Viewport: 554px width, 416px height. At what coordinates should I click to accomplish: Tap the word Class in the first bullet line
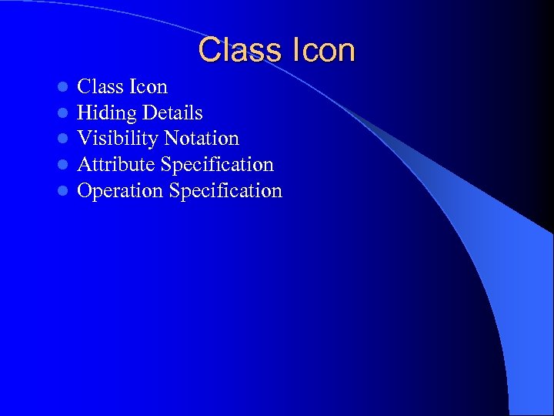pyautogui.click(x=100, y=87)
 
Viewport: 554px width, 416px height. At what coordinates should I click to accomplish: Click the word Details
pyautogui.click(x=172, y=113)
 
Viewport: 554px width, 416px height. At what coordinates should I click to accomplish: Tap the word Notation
pyautogui.click(x=201, y=139)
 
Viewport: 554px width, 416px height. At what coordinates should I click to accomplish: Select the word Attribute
pyautogui.click(x=116, y=165)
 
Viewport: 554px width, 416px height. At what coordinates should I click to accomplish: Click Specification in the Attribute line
pyautogui.click(x=217, y=165)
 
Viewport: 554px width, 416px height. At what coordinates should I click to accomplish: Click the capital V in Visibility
pyautogui.click(x=84, y=139)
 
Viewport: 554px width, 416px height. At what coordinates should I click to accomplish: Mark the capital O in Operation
pyautogui.click(x=85, y=191)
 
